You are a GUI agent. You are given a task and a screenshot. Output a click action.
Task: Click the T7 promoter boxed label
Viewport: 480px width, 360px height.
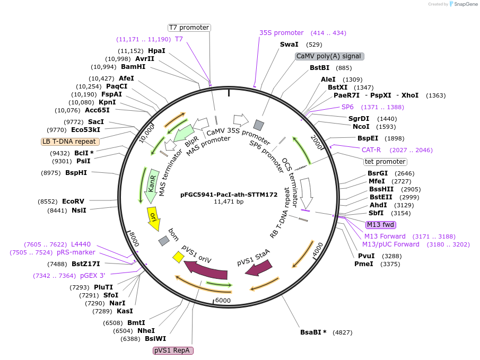(x=189, y=28)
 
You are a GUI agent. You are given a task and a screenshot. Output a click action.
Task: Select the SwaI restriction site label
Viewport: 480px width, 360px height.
(x=289, y=45)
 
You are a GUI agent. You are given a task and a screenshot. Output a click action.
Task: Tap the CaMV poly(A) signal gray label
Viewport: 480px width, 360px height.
(x=329, y=56)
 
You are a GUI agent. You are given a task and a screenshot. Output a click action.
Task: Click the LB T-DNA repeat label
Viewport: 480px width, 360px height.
(x=69, y=142)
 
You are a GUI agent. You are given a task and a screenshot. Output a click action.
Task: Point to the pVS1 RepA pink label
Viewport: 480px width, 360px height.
(x=173, y=350)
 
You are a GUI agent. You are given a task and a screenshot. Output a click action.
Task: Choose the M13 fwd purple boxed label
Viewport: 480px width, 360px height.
(x=380, y=224)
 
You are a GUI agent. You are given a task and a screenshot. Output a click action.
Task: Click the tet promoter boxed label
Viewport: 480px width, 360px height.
(x=385, y=162)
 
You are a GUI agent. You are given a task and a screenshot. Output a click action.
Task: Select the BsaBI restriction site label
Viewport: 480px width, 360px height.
(x=313, y=333)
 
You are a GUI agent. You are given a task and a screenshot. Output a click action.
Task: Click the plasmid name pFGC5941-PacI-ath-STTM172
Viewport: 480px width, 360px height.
(x=229, y=195)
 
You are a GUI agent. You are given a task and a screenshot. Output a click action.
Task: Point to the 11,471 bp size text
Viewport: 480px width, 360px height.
(x=229, y=202)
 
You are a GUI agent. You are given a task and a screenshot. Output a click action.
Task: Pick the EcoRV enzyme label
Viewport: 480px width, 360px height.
(x=73, y=201)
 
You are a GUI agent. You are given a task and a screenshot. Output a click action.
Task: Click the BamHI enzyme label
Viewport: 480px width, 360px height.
(x=133, y=67)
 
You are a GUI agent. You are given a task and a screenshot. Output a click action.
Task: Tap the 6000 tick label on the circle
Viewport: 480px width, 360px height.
(x=223, y=301)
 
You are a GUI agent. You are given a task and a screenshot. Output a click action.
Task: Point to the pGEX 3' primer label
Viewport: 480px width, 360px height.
(x=93, y=276)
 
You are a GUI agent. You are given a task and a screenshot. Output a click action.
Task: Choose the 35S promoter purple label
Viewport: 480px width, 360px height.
(x=281, y=33)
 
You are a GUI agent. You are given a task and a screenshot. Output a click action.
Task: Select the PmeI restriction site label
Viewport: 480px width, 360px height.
(x=363, y=264)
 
